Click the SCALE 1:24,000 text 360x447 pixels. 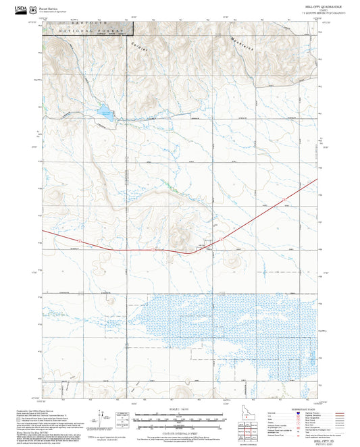(179, 409)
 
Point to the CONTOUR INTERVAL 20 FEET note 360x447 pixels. (179, 433)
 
